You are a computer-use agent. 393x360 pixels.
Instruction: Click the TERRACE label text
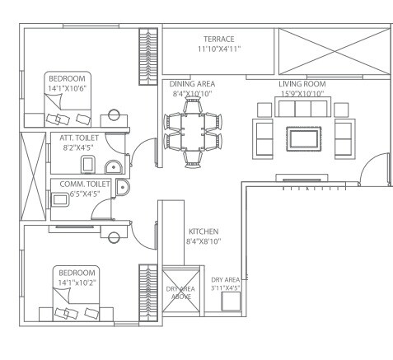[219, 39]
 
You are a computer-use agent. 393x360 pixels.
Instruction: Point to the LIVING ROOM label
[302, 84]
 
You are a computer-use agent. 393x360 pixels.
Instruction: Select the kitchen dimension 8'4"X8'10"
[203, 242]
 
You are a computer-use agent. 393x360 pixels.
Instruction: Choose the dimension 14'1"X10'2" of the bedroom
[76, 283]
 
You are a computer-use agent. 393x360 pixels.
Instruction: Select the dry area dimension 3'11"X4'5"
[225, 288]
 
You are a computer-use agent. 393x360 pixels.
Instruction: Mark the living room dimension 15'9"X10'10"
[302, 94]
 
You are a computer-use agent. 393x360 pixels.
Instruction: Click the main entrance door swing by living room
[372, 169]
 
